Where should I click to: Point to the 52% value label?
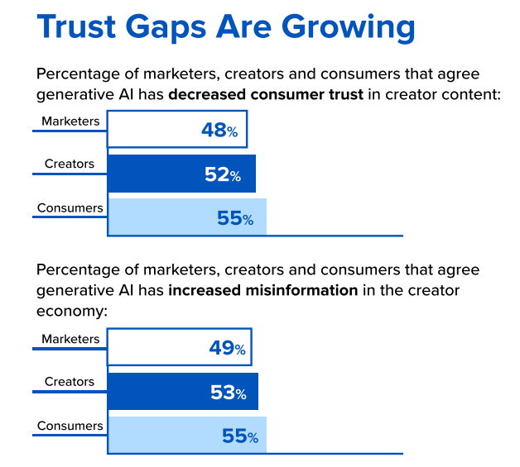pos(223,175)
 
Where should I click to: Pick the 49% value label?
pos(227,349)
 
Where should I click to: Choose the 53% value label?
pos(228,393)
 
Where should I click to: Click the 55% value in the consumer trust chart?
pos(235,219)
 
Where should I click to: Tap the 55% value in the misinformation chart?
pos(239,436)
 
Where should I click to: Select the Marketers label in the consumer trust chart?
pos(70,122)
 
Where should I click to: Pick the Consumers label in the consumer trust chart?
pos(70,207)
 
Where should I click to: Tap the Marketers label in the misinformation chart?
pos(70,339)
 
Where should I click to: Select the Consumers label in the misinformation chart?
pos(70,426)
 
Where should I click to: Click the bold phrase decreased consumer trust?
pos(265,94)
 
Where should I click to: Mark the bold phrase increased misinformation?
pos(262,291)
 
